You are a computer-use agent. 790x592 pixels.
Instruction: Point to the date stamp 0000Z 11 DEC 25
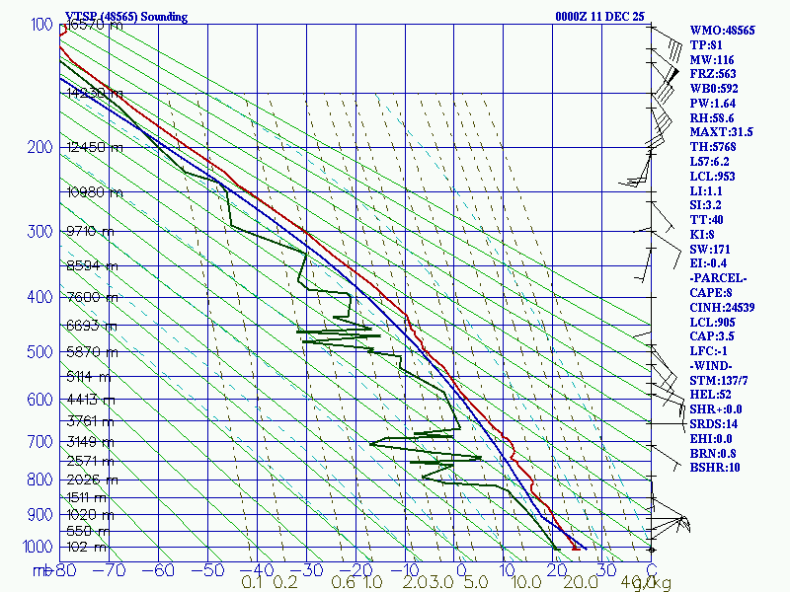tap(599, 16)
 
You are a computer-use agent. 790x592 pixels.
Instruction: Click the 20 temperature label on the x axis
tap(557, 569)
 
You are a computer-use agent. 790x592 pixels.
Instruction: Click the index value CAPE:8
tap(711, 293)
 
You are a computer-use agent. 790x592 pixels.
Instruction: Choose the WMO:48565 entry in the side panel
tap(722, 31)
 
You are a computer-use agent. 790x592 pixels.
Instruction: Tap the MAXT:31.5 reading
tap(721, 131)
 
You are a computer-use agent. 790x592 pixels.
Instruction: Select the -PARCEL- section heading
tap(718, 278)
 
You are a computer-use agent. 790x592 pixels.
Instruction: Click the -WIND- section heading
tap(714, 365)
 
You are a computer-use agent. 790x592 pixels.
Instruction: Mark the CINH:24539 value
tap(723, 308)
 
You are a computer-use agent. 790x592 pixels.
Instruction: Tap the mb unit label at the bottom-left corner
tap(41, 569)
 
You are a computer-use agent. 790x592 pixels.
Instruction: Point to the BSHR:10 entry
tap(714, 467)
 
